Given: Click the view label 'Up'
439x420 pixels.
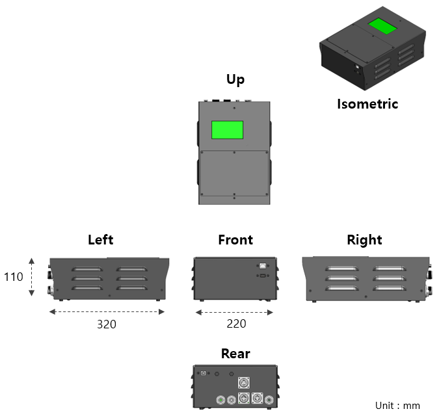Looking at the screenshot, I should click(235, 79).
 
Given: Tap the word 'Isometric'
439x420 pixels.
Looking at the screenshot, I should click(367, 103).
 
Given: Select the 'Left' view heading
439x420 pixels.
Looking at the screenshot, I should click(100, 239).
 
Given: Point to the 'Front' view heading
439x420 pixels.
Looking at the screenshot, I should click(235, 239).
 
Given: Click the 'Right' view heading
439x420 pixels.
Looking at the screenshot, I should click(364, 239).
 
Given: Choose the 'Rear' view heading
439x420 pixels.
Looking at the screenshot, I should click(235, 353).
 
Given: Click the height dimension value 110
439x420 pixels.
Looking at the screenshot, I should click(14, 277).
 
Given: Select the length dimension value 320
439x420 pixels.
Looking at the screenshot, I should click(107, 324).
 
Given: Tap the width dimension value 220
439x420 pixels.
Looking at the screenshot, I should click(236, 323).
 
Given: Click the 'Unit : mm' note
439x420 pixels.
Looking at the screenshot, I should click(397, 406).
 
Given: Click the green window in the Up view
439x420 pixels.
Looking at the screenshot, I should click(227, 130).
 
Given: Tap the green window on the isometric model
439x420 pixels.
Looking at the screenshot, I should click(383, 27).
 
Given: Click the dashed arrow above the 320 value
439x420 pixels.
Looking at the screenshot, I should click(107, 312).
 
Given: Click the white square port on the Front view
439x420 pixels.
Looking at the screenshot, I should click(261, 265).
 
